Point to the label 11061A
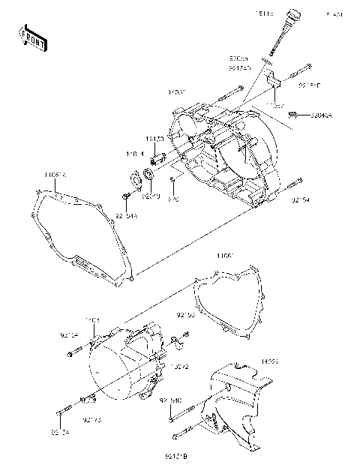(x=54, y=175)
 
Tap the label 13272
(x=180, y=367)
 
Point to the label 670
(x=173, y=199)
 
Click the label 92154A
(x=127, y=217)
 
